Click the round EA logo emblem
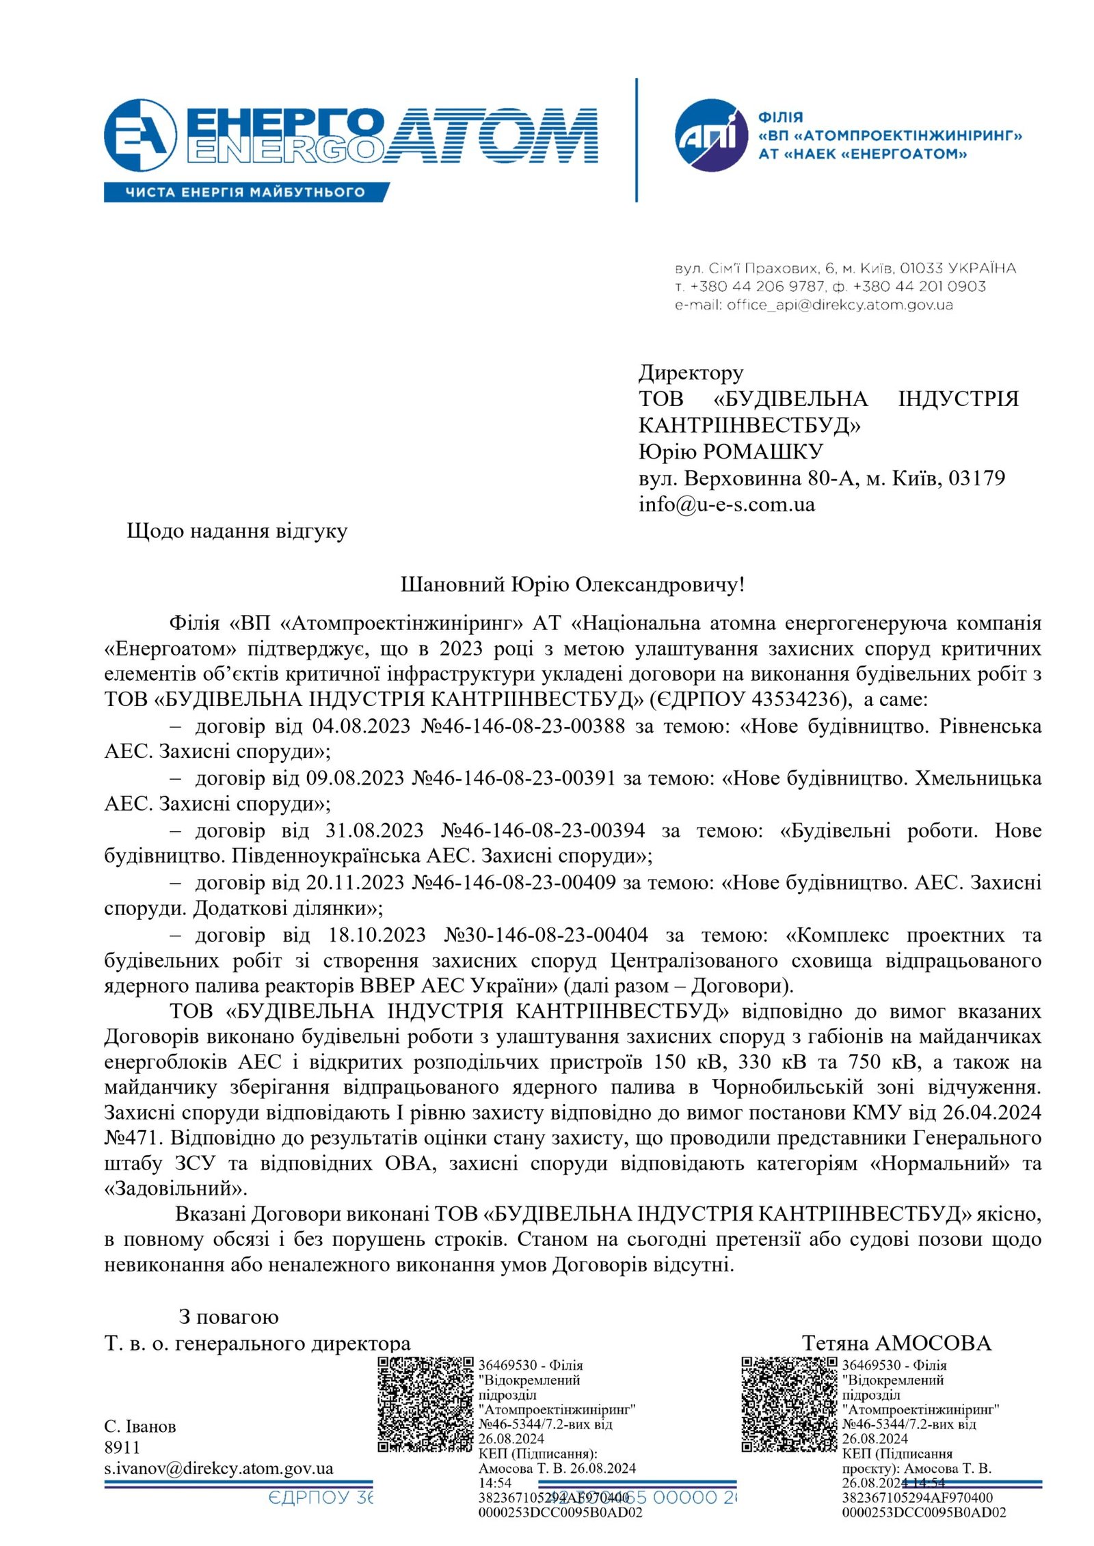[x=140, y=135]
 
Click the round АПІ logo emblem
[x=710, y=135]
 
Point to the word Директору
[x=691, y=372]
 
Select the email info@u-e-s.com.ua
[x=726, y=504]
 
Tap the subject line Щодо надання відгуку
[x=237, y=531]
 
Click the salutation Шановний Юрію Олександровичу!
[x=572, y=584]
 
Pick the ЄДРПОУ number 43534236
[x=795, y=699]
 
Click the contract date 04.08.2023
[x=361, y=726]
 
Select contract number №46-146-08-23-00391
[x=514, y=778]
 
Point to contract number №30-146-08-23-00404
[x=546, y=935]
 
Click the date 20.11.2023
[x=355, y=883]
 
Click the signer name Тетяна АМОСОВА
[x=896, y=1343]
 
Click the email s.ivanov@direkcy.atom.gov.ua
[x=219, y=1468]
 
